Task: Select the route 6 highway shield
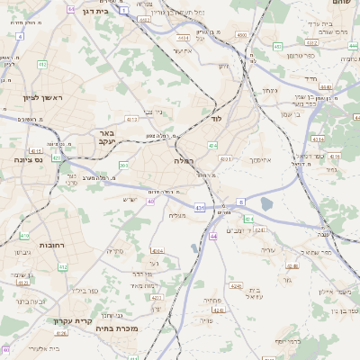[241, 203]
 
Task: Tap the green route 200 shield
[123, 165]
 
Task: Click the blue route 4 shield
[20, 36]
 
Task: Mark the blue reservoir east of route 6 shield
[265, 204]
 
